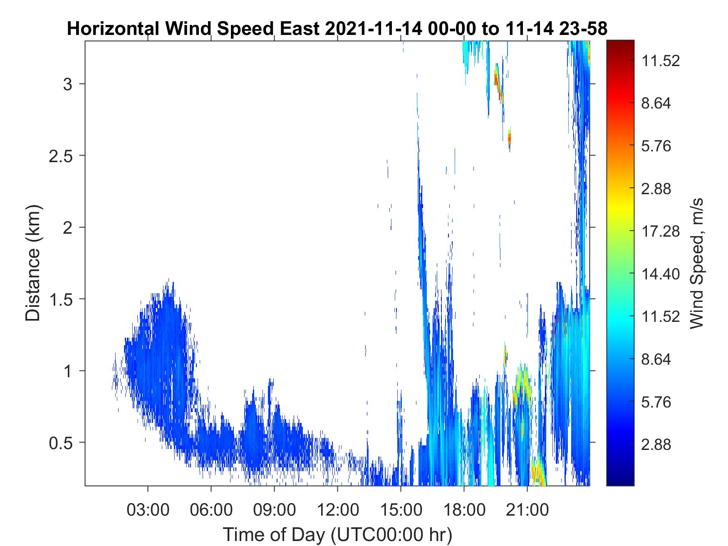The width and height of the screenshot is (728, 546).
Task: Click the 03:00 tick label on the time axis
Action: point(148,509)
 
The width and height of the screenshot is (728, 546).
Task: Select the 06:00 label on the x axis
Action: point(211,509)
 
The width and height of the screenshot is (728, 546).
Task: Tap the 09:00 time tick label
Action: point(275,509)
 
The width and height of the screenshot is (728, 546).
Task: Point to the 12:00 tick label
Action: point(338,509)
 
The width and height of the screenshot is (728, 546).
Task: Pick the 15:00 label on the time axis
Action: point(401,509)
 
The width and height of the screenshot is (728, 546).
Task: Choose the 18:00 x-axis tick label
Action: point(464,509)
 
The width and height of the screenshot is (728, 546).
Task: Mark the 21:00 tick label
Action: point(527,509)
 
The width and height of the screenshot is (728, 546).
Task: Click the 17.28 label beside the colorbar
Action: point(661,231)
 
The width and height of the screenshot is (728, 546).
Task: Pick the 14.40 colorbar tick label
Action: point(661,274)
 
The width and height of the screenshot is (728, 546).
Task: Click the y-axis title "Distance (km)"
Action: point(33,263)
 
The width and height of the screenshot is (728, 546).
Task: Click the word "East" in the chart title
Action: point(300,29)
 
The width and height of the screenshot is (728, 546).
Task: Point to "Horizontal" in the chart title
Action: point(113,29)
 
